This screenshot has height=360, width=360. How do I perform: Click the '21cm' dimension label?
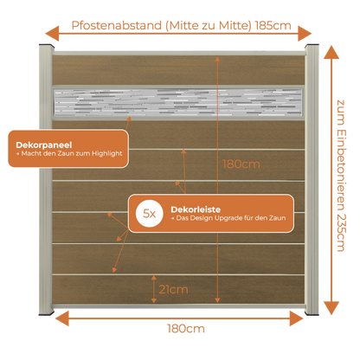point(173,289)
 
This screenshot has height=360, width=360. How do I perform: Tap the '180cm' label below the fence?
point(186,329)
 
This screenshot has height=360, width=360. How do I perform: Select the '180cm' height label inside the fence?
point(241,164)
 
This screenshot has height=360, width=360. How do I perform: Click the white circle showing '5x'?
point(150,214)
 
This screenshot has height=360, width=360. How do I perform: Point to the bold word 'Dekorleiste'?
point(196,209)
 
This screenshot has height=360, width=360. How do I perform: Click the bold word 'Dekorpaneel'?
point(44,145)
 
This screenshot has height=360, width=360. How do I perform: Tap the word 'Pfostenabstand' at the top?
point(117,25)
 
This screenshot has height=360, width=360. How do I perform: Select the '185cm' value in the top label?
point(273,26)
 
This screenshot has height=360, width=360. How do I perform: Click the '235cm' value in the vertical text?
point(341,233)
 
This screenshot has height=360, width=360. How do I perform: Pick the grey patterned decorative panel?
point(178,103)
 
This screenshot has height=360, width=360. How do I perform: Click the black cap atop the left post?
point(47,46)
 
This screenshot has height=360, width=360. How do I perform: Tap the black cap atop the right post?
point(312,46)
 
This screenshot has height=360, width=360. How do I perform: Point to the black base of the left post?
point(47,312)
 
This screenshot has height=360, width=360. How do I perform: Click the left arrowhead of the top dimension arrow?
point(52,33)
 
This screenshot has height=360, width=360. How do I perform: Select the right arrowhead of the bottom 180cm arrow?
point(297,318)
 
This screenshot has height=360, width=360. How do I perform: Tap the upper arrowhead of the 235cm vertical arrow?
point(331,52)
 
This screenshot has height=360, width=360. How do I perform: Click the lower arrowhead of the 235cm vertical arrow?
point(331,308)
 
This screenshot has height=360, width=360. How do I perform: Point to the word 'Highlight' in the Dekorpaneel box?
point(107,154)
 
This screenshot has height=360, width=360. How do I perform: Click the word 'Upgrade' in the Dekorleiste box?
point(227,218)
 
